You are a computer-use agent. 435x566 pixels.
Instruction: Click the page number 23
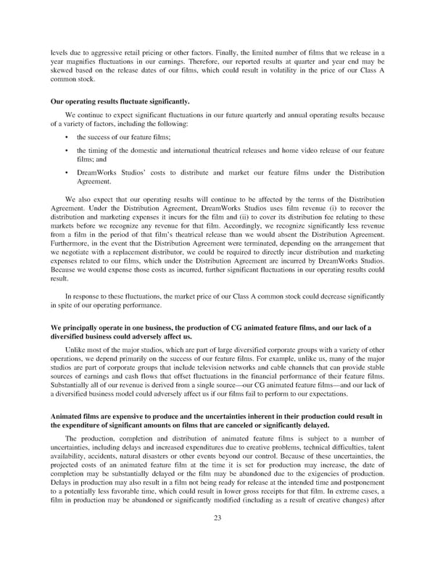[x=217, y=537]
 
